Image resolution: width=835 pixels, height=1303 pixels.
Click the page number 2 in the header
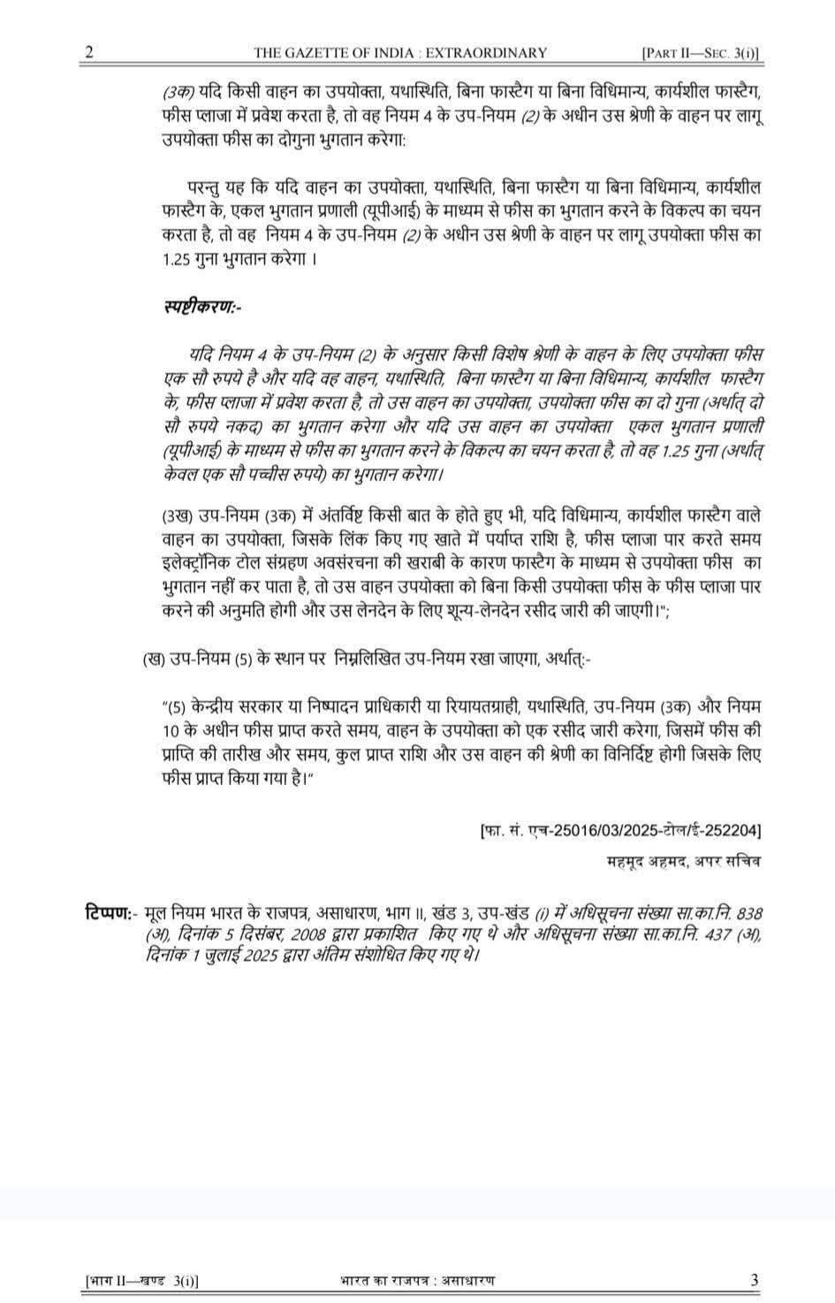(87, 52)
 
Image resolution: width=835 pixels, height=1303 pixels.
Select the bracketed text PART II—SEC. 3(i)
(701, 53)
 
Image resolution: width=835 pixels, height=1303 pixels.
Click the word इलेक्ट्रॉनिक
(199, 563)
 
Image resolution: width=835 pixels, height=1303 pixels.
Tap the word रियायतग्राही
(475, 707)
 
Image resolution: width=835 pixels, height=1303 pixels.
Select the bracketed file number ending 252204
(620, 831)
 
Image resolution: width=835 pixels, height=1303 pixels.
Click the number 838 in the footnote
(748, 911)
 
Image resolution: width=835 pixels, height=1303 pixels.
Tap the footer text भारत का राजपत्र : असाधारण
(417, 1280)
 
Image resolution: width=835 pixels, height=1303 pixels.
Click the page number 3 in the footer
(754, 1279)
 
